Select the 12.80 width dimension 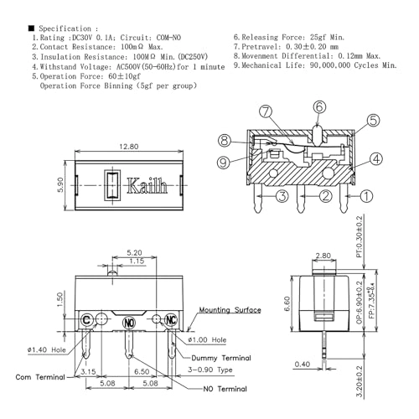coord(127,147)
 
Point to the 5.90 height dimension coord(59,184)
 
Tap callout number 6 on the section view coord(319,106)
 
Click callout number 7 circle coord(266,111)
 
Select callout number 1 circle coord(366,197)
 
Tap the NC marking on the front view coord(172,319)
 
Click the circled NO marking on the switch coord(129,322)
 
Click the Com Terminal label coord(40,378)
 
